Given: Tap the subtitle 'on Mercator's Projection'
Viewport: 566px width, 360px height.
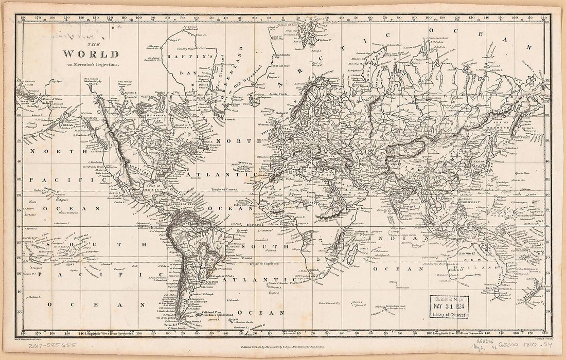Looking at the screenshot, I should [91, 65].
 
